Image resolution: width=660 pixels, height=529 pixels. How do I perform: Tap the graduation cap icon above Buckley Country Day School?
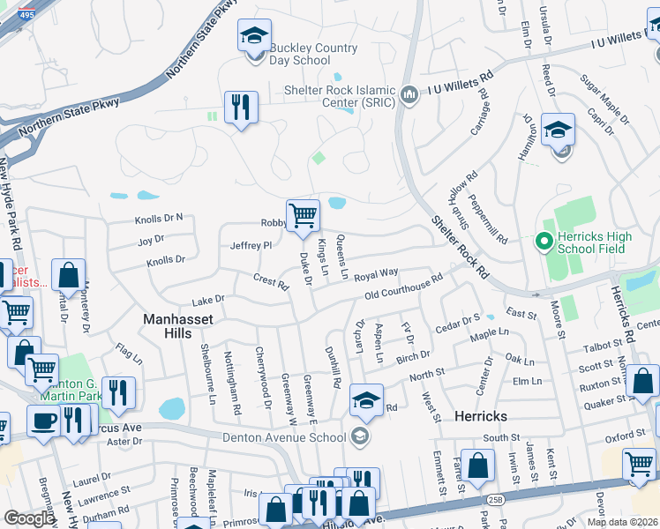[x=254, y=36]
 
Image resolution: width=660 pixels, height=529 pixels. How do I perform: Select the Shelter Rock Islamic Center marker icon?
[x=408, y=94]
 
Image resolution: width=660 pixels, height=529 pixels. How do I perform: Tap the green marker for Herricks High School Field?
[x=544, y=239]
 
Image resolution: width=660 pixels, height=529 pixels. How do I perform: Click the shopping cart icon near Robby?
[x=303, y=214]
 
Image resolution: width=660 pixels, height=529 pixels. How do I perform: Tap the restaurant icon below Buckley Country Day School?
[x=240, y=108]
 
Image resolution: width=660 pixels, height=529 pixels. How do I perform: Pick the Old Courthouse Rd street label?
[x=402, y=288]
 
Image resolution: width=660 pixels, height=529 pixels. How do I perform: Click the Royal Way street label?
[x=377, y=275]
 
